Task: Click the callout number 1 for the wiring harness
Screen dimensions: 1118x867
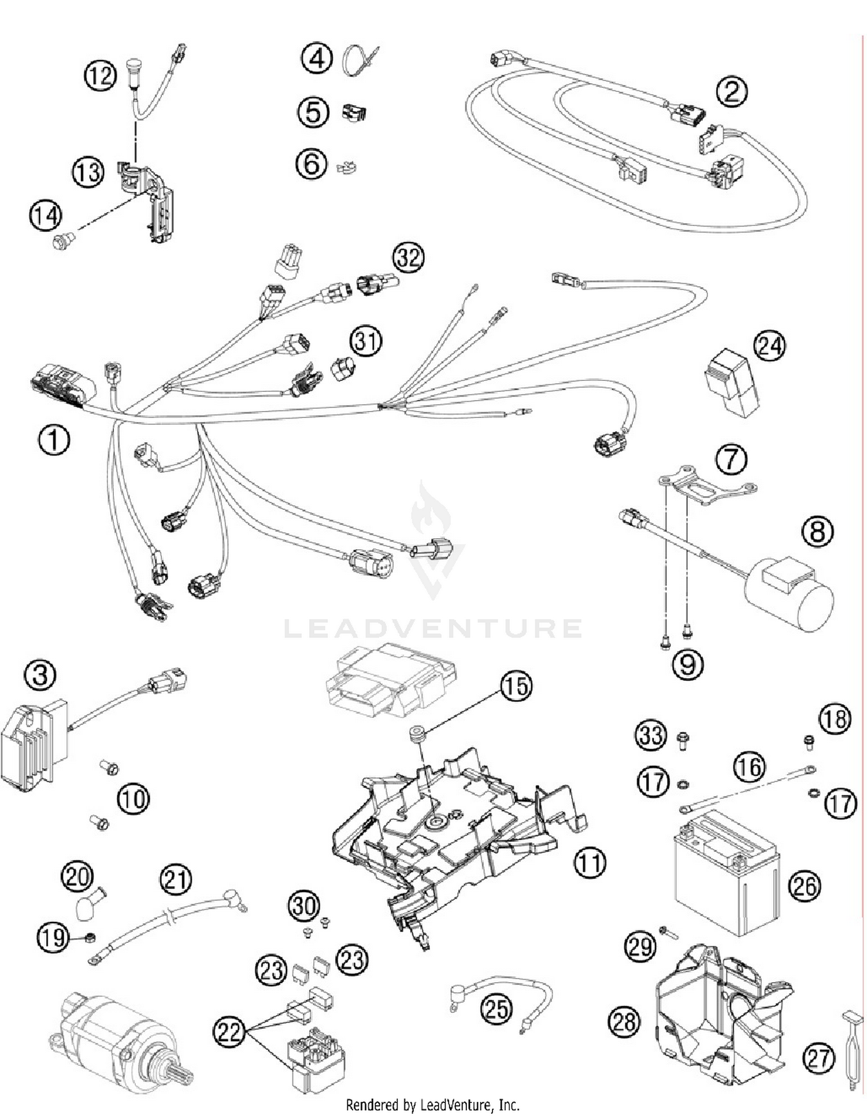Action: coord(54,440)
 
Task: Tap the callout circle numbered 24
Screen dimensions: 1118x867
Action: coord(770,346)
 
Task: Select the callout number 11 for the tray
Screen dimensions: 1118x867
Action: coord(590,862)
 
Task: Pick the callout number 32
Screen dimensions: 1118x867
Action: coord(409,257)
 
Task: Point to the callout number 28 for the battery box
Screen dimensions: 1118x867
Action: coord(624,1022)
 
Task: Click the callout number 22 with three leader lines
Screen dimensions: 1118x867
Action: coord(229,1030)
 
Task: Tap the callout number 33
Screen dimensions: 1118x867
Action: coord(651,736)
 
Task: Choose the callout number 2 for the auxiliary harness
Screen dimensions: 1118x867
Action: coord(732,91)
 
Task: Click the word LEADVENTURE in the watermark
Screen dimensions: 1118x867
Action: coord(433,628)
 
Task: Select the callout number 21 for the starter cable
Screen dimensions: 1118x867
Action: coord(176,880)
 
